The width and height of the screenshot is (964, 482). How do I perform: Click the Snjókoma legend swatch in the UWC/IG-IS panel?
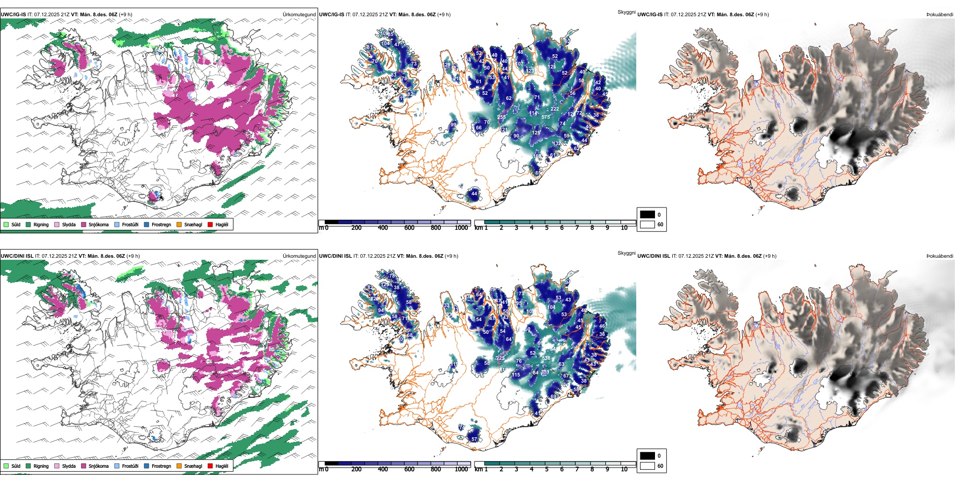(84, 224)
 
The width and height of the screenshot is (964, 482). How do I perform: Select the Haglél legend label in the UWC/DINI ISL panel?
(222, 466)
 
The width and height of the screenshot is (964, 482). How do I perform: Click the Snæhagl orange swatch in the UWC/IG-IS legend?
(179, 224)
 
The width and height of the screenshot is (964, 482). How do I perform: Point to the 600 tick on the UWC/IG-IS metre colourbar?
(409, 228)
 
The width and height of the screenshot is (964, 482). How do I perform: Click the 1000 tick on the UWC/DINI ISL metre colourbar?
(461, 469)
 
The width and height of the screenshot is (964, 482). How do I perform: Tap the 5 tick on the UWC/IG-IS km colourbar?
(546, 228)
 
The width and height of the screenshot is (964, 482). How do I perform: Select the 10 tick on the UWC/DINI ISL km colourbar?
(624, 469)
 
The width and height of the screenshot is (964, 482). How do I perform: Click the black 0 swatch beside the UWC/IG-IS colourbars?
(647, 215)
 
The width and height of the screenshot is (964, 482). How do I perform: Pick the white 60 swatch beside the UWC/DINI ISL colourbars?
(647, 466)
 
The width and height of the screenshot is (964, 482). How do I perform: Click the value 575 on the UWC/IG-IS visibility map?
(545, 117)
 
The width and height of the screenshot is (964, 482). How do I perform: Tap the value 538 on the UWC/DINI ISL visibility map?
(546, 358)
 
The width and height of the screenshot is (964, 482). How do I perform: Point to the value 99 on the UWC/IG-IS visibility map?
(453, 124)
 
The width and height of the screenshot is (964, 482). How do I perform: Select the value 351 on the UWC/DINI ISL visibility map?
(545, 372)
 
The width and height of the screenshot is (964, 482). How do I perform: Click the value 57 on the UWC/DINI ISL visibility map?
(474, 439)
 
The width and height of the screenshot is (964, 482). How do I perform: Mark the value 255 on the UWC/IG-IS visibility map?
(501, 117)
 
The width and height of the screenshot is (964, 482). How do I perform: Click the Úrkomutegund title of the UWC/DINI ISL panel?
(299, 256)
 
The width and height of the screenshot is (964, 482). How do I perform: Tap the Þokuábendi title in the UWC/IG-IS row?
(940, 15)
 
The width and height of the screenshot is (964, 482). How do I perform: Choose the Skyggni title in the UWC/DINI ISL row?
(626, 253)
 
